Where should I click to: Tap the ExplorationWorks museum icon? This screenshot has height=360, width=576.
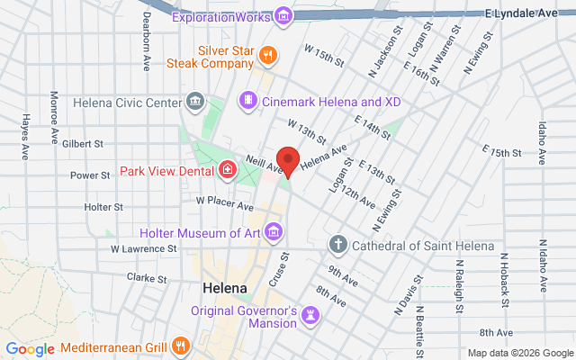(284, 15)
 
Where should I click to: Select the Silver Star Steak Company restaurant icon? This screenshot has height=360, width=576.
(266, 57)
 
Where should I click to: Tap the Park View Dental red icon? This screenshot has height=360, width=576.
(228, 169)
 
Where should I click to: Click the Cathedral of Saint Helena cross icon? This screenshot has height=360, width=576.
(338, 245)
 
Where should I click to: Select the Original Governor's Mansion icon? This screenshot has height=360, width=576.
(310, 313)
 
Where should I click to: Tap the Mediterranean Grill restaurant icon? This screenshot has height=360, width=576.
(181, 346)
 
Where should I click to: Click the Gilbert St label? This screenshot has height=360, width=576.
(84, 143)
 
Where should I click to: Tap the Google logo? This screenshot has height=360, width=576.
(31, 349)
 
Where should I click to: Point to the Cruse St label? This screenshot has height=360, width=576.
(279, 270)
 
